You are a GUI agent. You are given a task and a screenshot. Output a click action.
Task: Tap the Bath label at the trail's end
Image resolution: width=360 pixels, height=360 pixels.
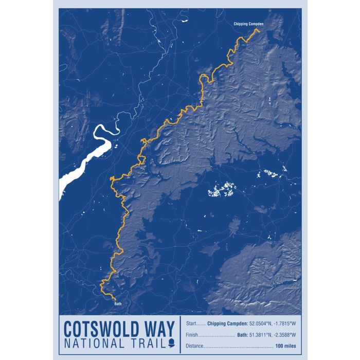[x=118, y=303]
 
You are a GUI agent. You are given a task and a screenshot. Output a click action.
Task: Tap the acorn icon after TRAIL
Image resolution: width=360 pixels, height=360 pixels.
[x=171, y=344]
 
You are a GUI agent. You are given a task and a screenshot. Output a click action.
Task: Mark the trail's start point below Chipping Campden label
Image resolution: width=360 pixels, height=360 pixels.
[x=257, y=31]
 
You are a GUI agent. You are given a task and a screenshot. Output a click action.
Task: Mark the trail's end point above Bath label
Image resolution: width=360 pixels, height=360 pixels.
[x=114, y=298]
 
